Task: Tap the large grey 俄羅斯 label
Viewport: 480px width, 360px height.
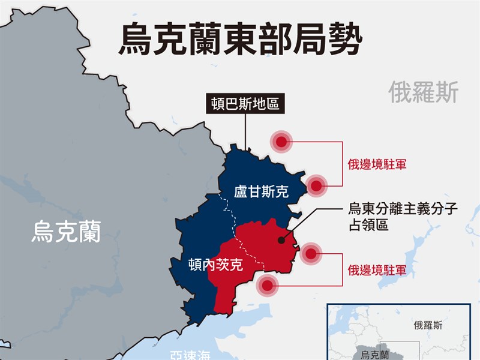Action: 423,92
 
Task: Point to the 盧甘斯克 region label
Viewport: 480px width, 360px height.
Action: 261,192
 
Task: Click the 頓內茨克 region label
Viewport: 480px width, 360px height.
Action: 215,264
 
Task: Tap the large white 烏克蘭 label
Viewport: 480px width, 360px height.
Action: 66,231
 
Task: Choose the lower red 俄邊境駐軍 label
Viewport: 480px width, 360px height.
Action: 377,271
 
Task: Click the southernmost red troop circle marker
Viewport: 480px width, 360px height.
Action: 267,286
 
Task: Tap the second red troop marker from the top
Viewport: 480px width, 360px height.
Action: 316,186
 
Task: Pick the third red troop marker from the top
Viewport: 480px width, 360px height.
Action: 310,254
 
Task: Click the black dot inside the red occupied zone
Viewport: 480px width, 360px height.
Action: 281,240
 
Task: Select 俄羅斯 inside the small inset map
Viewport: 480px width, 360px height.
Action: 428,325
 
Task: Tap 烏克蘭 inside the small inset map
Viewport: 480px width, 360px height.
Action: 372,355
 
